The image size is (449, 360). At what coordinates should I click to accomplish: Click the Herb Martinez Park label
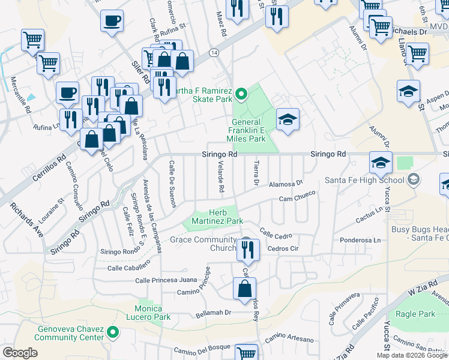225,217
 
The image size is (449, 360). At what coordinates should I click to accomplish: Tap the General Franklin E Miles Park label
254,130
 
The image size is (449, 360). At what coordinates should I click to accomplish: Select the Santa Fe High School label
363,179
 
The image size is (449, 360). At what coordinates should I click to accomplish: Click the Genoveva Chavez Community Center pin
112,331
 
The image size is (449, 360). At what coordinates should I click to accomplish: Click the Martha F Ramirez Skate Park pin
241,94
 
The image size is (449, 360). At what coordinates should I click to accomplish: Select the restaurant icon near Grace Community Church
248,249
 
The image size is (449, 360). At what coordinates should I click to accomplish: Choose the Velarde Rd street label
221,178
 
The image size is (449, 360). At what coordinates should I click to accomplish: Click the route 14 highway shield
214,53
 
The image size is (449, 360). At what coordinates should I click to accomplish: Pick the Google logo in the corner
20,353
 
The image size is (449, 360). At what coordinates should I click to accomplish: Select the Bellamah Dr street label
213,313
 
